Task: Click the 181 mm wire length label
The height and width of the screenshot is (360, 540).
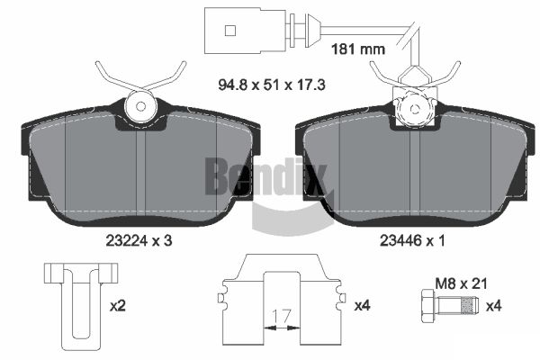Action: click(358, 49)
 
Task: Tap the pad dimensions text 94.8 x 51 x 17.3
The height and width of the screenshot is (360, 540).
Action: click(272, 85)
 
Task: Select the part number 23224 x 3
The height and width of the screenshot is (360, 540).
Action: click(139, 241)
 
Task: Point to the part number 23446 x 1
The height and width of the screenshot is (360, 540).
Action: click(412, 241)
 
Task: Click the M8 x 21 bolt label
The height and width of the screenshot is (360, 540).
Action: click(462, 283)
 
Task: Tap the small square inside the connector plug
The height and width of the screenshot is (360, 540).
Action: click(230, 31)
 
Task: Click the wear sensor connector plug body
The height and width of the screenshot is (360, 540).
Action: click(245, 31)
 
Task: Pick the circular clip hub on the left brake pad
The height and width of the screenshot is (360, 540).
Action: click(140, 106)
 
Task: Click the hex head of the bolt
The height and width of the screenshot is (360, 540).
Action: click(428, 306)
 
